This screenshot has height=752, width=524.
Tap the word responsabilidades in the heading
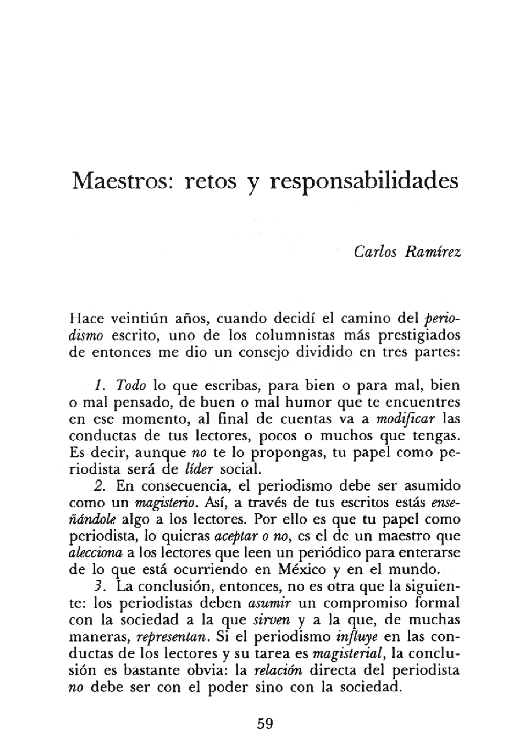pos(363,182)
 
